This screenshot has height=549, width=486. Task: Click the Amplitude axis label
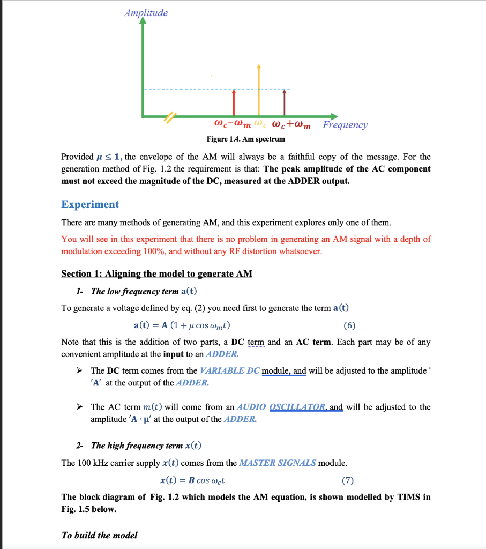[x=146, y=13]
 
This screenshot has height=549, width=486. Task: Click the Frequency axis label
[x=345, y=125]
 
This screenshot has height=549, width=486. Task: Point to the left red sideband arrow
[x=234, y=102]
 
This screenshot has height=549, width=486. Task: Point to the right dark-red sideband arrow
[x=284, y=102]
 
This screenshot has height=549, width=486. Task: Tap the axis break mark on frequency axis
[x=170, y=116]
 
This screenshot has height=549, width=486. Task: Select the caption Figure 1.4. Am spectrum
[x=246, y=139]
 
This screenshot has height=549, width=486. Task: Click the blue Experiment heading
[x=90, y=204]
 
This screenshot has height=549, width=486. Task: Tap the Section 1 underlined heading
[x=156, y=273]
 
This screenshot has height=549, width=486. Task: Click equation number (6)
[x=349, y=325]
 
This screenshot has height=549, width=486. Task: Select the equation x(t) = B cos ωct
[x=196, y=480]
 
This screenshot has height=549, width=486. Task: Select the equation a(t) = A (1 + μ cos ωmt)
[x=182, y=325]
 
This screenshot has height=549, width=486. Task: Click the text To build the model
[x=99, y=535]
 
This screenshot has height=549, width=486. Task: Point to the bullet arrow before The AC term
[x=79, y=407]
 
